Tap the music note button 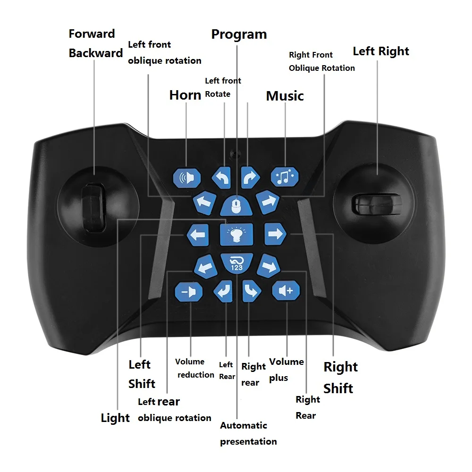(x=285, y=177)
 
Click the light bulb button (x=236, y=234)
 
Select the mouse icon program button (x=236, y=206)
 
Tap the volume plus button (x=286, y=291)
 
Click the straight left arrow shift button (x=198, y=234)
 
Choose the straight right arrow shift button (x=275, y=234)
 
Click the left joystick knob (x=93, y=208)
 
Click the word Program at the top (x=239, y=34)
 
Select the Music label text (x=285, y=96)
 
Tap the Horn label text (x=185, y=95)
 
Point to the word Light (x=115, y=418)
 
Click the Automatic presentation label (x=248, y=433)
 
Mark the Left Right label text (x=380, y=51)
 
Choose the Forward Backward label (x=95, y=43)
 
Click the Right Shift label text (x=340, y=378)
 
